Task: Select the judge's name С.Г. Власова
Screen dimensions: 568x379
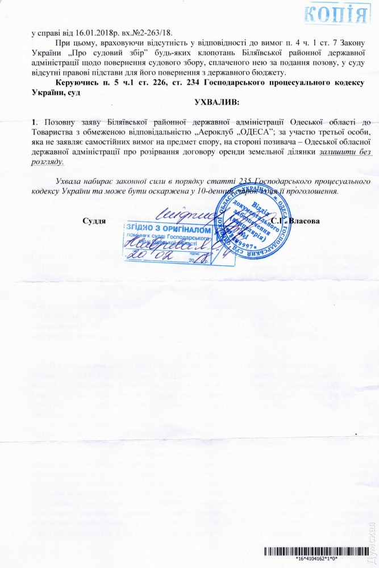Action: [296, 220]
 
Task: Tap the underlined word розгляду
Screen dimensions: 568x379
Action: [48, 161]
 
